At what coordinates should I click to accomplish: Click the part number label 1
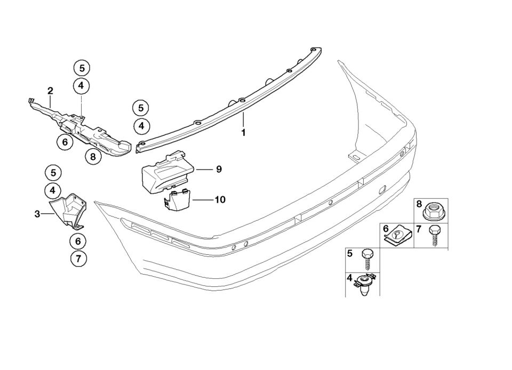(243, 132)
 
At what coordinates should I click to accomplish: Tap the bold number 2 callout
(50, 91)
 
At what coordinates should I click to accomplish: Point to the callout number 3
(37, 214)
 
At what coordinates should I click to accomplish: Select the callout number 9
(219, 170)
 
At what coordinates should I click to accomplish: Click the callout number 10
(220, 200)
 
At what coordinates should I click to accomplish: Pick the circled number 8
(93, 157)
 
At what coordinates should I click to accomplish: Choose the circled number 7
(78, 259)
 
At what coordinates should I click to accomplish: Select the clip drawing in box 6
(397, 236)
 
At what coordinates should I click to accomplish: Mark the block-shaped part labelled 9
(164, 173)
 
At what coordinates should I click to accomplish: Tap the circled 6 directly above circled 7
(78, 242)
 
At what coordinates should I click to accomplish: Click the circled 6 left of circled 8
(65, 142)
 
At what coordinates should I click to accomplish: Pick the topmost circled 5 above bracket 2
(81, 68)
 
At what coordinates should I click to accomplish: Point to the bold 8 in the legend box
(419, 204)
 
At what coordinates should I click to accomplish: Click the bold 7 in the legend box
(419, 230)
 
